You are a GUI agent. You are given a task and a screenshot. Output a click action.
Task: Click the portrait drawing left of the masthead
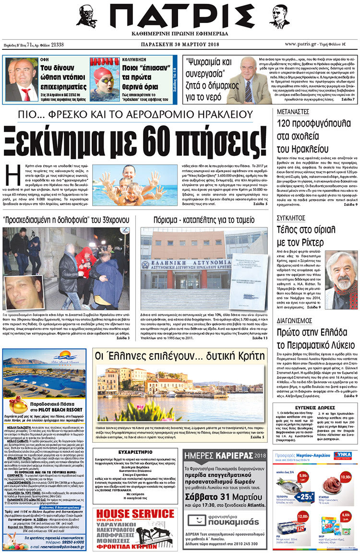click(x=86, y=17)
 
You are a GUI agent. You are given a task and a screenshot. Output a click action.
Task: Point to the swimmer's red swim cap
click(x=102, y=72)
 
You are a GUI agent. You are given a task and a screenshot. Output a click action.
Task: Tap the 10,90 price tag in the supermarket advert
click(x=345, y=477)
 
